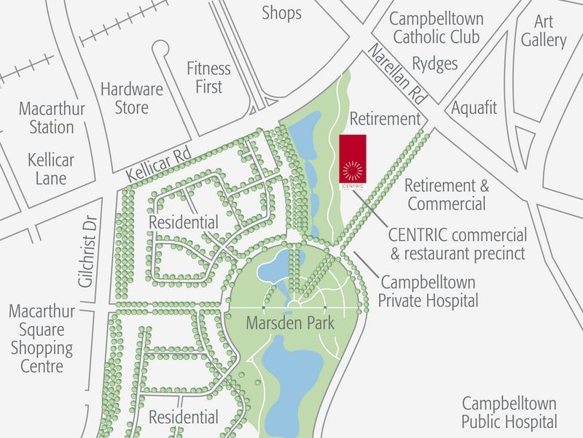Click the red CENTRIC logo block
coord(353,158)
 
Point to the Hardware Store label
coord(131,99)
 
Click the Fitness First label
coord(208,77)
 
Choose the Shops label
coord(281,12)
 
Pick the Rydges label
coord(435,64)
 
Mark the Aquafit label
coord(474,108)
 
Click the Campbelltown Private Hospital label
coord(430,291)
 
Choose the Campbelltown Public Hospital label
coord(509,412)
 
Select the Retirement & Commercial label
coord(446,194)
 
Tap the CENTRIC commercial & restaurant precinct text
coord(458,245)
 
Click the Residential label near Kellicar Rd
coord(184,221)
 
